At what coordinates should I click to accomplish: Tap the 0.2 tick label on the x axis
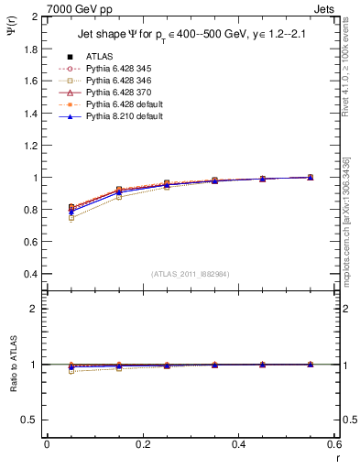[142, 444]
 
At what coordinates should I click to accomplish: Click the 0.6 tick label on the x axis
[333, 444]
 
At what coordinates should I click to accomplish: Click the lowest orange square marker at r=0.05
[71, 218]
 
